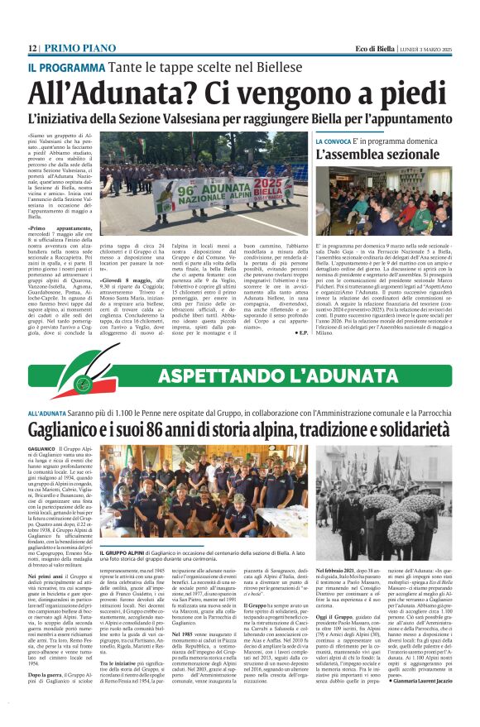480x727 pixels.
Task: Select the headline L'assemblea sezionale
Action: [377, 155]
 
